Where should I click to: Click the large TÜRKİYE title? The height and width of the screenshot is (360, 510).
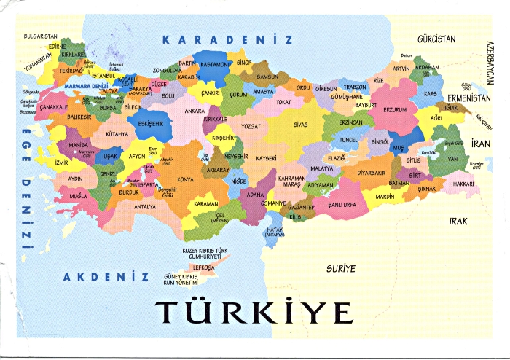click(x=254, y=311)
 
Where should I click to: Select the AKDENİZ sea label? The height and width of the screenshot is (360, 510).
click(x=106, y=276)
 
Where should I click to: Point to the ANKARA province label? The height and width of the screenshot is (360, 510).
click(x=195, y=111)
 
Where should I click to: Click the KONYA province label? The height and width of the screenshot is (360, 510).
click(x=186, y=179)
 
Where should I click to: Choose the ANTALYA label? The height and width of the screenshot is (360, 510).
click(x=145, y=206)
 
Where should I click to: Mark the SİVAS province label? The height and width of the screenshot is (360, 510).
click(x=300, y=125)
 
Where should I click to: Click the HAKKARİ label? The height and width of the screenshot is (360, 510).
click(x=463, y=185)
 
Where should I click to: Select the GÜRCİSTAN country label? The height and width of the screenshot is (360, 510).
click(x=436, y=37)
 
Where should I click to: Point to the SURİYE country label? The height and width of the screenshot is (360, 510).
click(x=341, y=268)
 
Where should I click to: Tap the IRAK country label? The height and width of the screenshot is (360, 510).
click(x=458, y=220)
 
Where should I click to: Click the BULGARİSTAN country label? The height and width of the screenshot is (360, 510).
click(x=40, y=35)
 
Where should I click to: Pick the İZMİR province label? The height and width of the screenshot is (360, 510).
click(x=61, y=163)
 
